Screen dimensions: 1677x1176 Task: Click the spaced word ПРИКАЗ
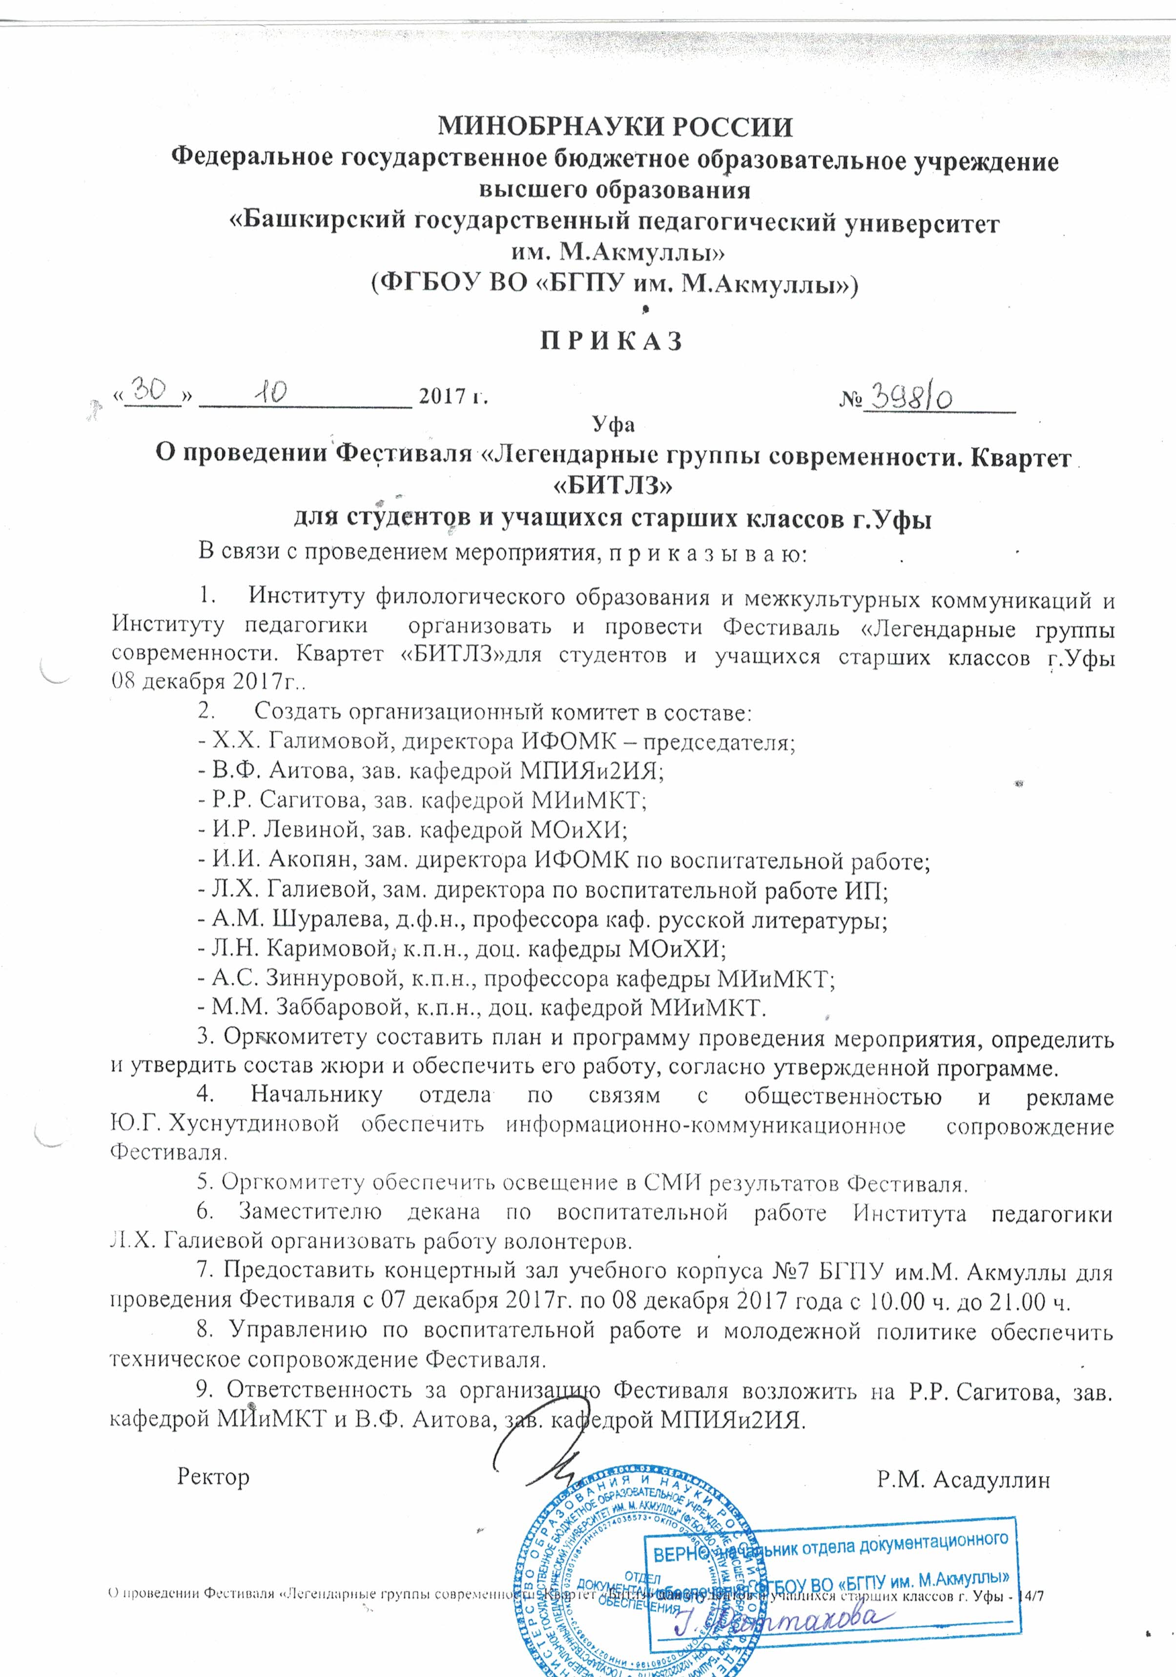[x=611, y=341]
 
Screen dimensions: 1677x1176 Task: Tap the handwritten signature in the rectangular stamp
[x=774, y=1623]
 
